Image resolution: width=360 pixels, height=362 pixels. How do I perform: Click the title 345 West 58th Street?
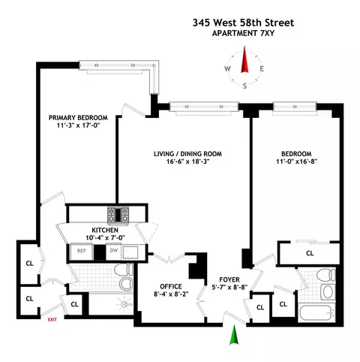pyautogui.click(x=242, y=24)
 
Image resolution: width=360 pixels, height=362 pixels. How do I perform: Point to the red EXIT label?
pyautogui.click(x=52, y=320)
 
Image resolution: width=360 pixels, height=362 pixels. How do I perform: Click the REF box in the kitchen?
pyautogui.click(x=82, y=250)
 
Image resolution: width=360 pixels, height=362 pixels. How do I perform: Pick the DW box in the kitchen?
pyautogui.click(x=113, y=250)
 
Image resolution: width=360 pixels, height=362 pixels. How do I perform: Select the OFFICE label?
pyautogui.click(x=172, y=285)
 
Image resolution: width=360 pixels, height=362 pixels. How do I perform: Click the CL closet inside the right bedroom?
pyautogui.click(x=310, y=253)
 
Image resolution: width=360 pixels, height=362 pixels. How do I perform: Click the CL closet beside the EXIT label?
pyautogui.click(x=74, y=305)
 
